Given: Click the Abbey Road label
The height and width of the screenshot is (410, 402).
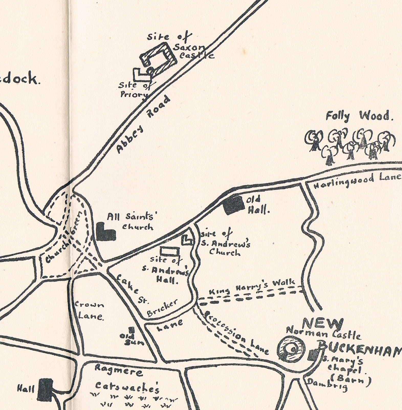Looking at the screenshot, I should pyautogui.click(x=143, y=125).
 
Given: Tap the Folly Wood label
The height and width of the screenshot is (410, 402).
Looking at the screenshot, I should pyautogui.click(x=359, y=116).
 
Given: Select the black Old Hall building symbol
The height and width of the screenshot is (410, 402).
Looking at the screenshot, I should pyautogui.click(x=233, y=205).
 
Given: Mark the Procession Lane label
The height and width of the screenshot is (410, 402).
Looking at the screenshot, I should pyautogui.click(x=237, y=333).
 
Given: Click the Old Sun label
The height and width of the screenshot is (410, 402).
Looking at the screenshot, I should pyautogui.click(x=132, y=339).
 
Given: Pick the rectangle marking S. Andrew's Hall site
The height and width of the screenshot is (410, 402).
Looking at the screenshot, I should pyautogui.click(x=169, y=251).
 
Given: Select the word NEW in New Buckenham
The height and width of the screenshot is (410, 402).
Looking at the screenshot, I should pyautogui.click(x=323, y=325).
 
